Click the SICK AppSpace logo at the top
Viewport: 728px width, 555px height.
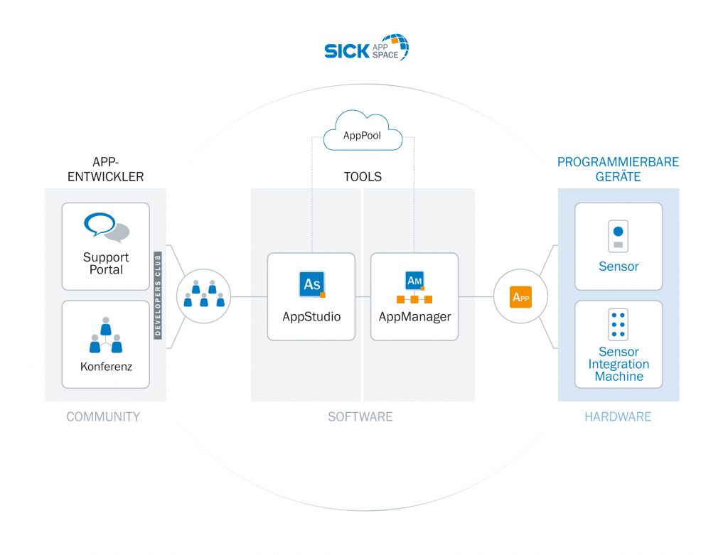pos(366,49)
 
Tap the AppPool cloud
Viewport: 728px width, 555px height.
pos(363,133)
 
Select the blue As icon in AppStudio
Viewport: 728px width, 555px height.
pos(311,284)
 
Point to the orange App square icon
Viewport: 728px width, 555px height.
pos(521,296)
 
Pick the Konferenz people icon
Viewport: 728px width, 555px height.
pos(106,335)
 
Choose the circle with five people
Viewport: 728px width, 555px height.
pos(203,296)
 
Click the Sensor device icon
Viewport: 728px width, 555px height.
pos(618,237)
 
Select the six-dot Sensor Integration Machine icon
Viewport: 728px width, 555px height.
pos(618,325)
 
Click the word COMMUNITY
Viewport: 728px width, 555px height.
pos(103,417)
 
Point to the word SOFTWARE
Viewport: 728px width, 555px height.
pos(360,417)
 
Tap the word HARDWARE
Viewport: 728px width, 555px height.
pos(618,417)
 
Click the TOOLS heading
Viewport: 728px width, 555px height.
pos(363,177)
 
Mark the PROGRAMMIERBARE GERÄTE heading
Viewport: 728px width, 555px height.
pos(618,169)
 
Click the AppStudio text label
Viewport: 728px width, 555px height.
pos(311,317)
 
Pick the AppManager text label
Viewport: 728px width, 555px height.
pos(414,317)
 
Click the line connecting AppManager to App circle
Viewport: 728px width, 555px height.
pos(476,296)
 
